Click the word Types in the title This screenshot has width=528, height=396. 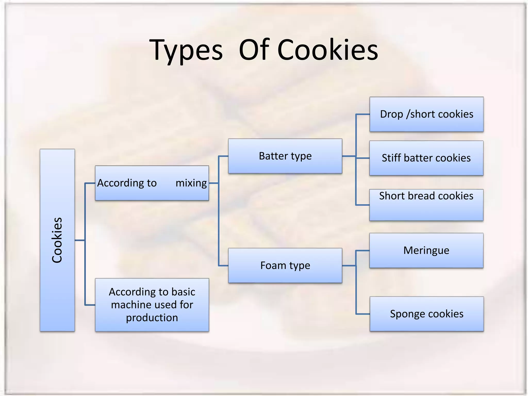[x=186, y=50]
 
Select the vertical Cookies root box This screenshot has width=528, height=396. [x=57, y=240]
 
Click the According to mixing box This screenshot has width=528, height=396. [x=152, y=183]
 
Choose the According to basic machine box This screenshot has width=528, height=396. [x=152, y=305]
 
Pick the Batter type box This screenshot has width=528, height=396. [x=285, y=156]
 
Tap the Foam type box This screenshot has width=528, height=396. [x=285, y=266]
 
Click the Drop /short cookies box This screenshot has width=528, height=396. [x=426, y=114]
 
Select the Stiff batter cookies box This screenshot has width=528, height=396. [x=426, y=158]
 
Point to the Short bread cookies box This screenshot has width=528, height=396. [x=426, y=205]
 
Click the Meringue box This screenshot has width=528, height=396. [x=426, y=251]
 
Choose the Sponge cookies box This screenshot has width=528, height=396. [x=426, y=314]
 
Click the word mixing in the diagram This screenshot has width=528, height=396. [x=191, y=183]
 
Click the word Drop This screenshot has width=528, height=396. [x=391, y=114]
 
